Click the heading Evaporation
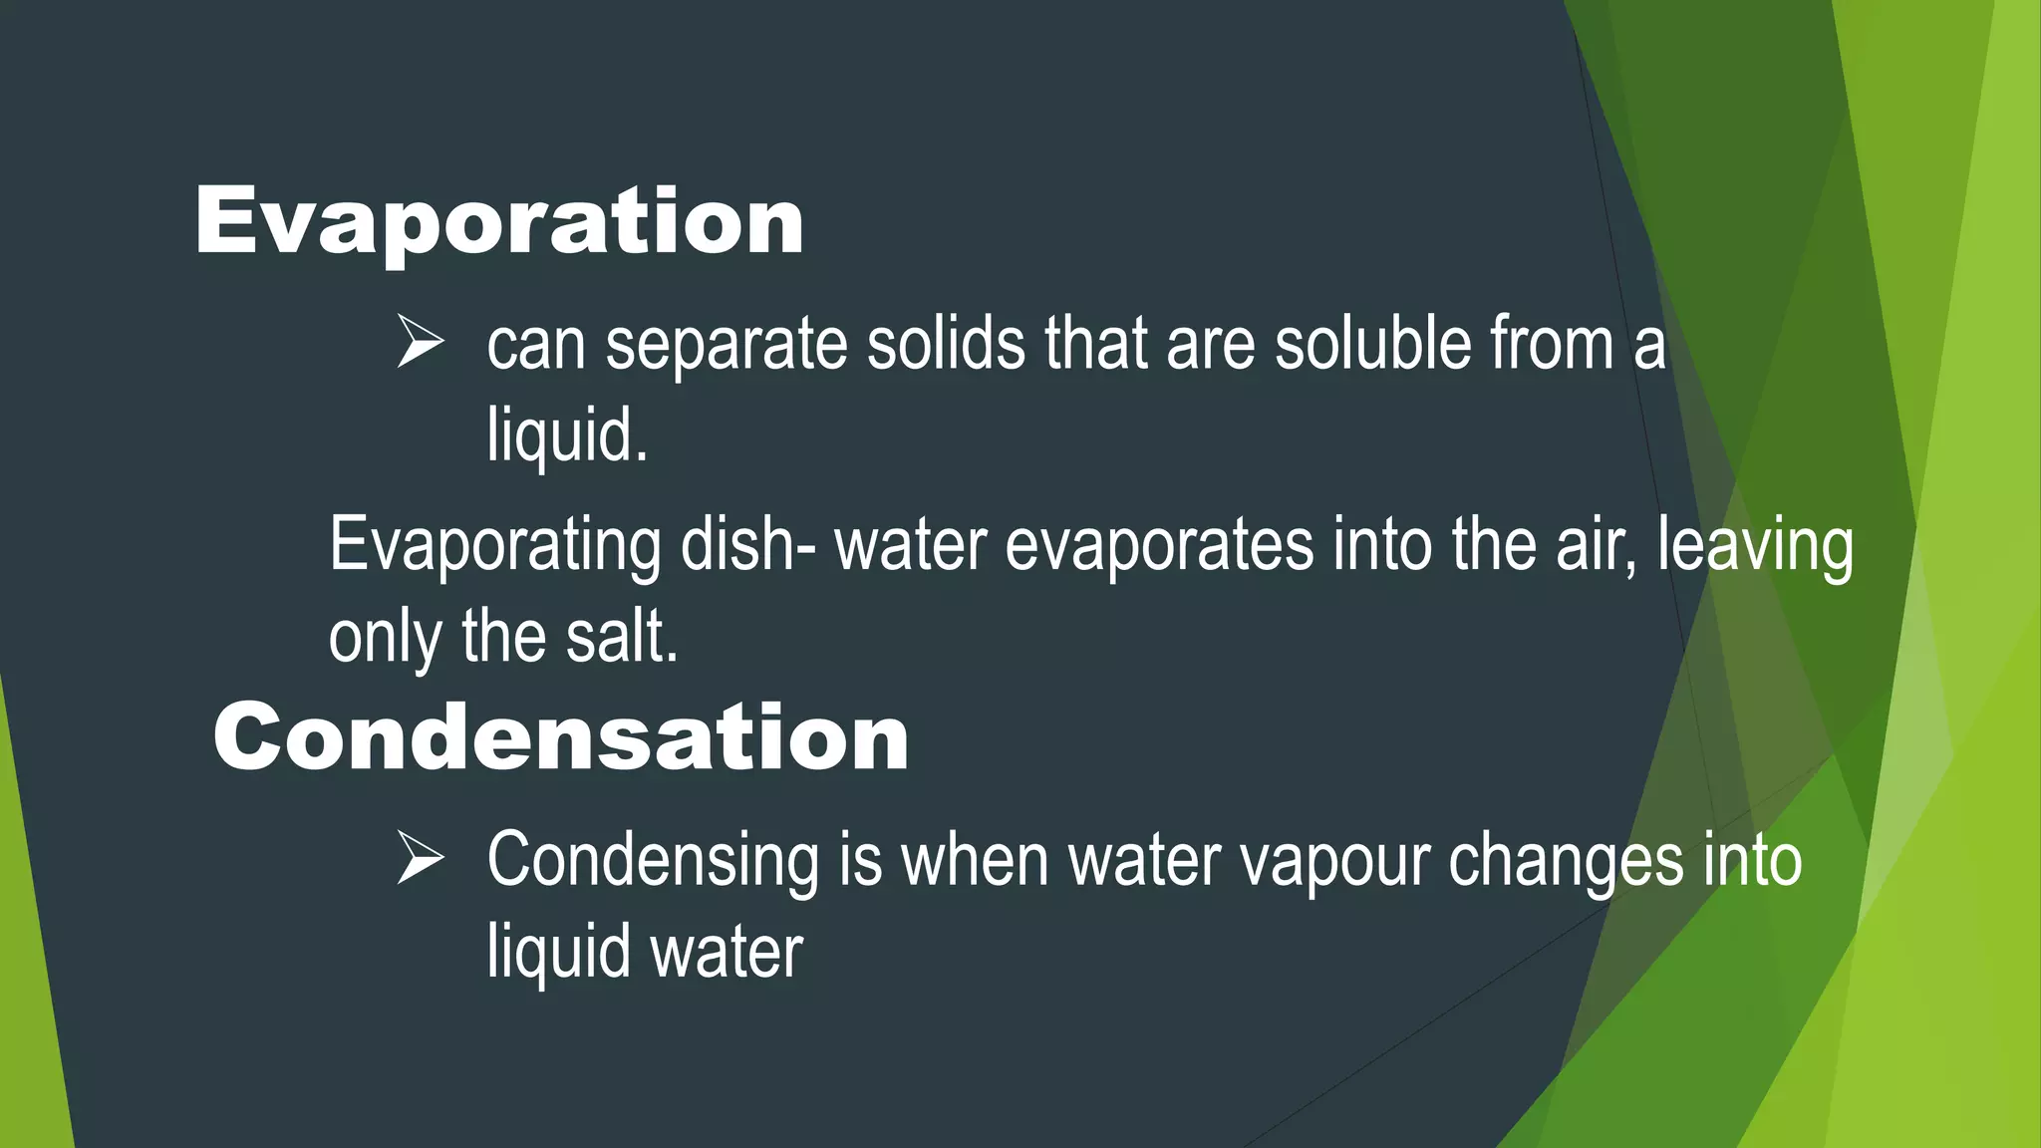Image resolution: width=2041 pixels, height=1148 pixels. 499,221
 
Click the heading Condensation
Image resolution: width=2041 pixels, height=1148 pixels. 561,736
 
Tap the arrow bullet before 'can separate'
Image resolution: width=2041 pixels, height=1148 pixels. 420,342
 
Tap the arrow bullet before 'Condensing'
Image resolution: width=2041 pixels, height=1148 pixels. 420,858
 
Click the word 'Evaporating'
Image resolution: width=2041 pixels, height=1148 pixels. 494,547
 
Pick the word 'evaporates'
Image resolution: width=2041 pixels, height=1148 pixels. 1159,547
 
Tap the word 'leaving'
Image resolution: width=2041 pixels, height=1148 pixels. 1755,547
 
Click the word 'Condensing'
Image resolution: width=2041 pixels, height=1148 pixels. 653,860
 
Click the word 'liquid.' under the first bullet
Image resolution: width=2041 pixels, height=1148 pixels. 567,435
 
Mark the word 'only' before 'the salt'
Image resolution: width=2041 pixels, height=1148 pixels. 385,639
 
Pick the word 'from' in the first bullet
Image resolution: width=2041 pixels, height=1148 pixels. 1551,344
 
